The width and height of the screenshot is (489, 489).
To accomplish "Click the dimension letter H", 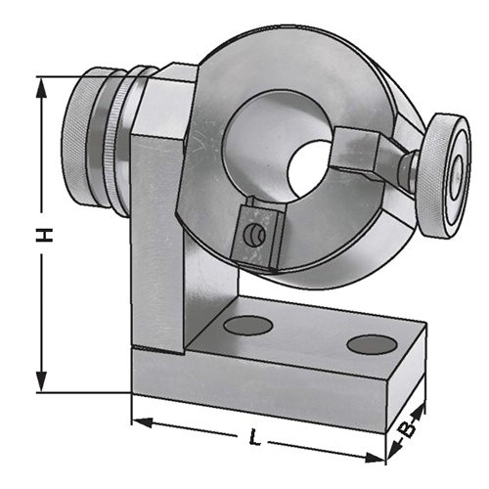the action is [44, 235].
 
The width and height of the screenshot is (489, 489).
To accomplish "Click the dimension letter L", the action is [254, 437].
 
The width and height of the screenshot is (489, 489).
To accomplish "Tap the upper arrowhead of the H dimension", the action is [41, 88].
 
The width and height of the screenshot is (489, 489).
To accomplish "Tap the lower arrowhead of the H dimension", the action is [41, 381].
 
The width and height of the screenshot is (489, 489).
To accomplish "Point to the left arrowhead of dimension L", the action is [142, 422].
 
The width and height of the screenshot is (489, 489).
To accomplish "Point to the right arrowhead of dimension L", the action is [375, 458].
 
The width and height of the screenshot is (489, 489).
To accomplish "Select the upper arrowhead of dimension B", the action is [420, 411].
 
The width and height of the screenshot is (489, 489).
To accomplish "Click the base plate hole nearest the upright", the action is [248, 325].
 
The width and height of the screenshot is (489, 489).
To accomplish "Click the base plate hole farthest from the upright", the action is [372, 344].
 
